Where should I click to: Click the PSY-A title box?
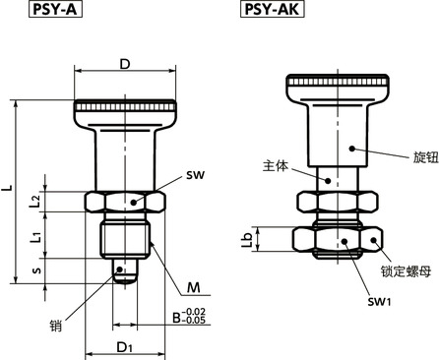(x=55, y=9)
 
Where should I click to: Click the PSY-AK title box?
(x=273, y=9)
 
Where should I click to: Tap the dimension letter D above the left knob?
(x=125, y=64)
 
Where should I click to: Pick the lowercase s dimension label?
(x=37, y=270)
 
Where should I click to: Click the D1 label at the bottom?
(x=124, y=347)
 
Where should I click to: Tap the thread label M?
(x=193, y=287)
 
